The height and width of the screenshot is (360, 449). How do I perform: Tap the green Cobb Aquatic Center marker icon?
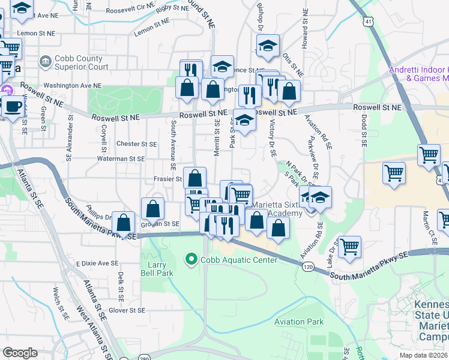[x=191, y=259]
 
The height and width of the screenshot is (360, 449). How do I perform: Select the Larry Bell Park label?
[x=157, y=268]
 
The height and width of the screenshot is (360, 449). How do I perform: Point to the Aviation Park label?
[x=299, y=322]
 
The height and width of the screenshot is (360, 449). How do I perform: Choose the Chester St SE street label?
[x=136, y=144]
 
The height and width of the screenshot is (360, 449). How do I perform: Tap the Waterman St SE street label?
[x=122, y=159]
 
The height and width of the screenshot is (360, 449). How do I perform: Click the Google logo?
[x=20, y=353]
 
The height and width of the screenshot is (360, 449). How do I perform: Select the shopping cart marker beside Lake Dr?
[x=349, y=245]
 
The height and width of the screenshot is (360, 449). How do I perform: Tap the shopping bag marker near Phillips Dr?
[x=123, y=223]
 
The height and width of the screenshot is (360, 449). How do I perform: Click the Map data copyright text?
[x=423, y=355]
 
